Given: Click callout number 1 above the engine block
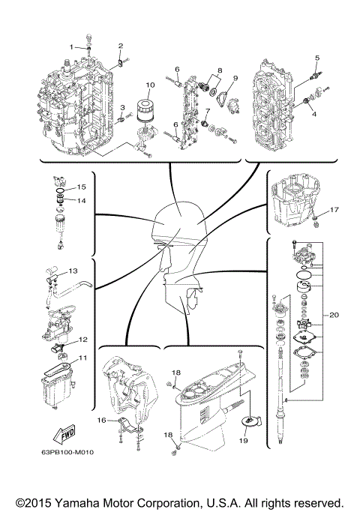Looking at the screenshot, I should (73, 46).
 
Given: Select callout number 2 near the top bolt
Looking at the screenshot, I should (120, 46).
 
